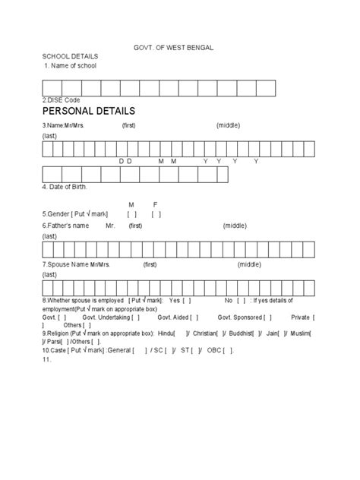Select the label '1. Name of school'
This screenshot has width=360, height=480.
point(70,66)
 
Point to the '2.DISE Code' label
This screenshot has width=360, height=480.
point(62,99)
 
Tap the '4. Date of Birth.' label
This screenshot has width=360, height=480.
point(65,187)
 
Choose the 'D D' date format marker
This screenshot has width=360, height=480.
point(125,162)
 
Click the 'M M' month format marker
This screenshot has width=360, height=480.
point(167,162)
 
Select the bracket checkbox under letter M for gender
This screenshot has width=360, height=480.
point(132,215)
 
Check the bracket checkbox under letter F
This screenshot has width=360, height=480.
point(156,215)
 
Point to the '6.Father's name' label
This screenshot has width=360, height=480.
point(66,226)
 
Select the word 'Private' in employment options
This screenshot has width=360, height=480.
point(301,317)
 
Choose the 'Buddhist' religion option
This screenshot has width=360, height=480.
point(246,333)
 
